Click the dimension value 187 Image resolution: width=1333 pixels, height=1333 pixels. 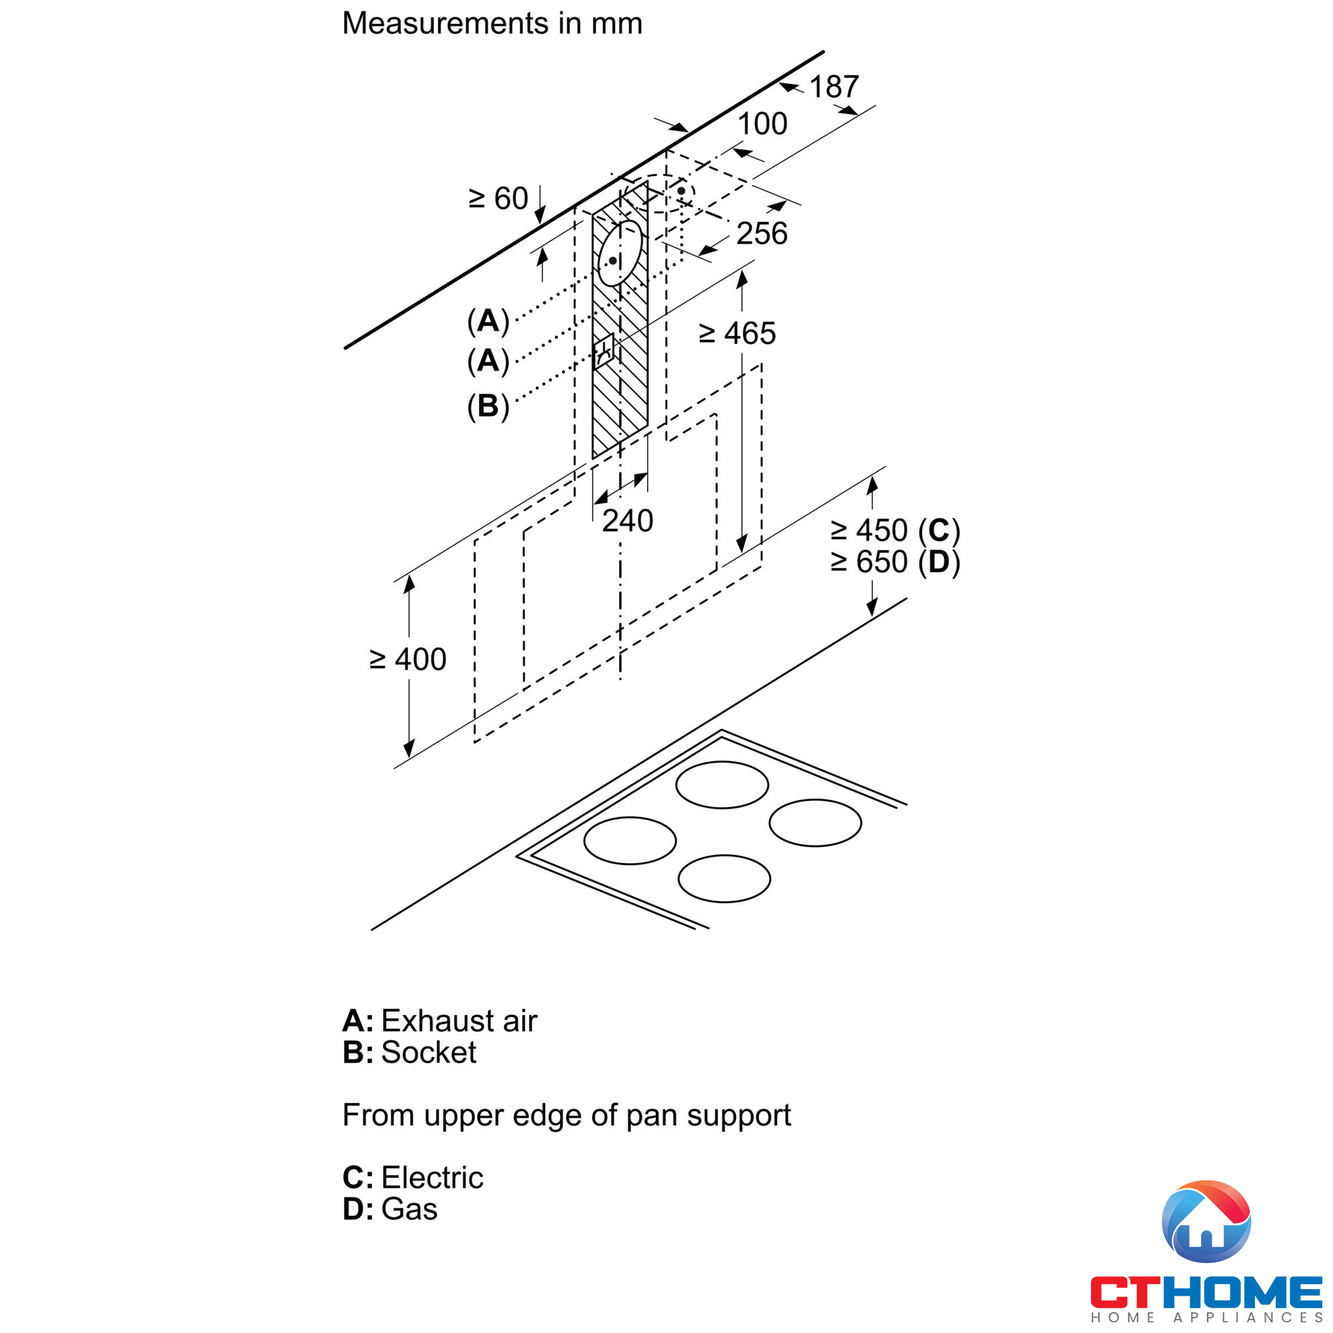[834, 87]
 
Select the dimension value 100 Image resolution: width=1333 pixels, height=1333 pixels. [762, 124]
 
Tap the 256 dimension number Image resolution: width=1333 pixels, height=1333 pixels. [761, 234]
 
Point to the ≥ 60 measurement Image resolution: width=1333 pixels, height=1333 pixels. [498, 199]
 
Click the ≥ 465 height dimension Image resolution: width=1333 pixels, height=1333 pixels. [737, 334]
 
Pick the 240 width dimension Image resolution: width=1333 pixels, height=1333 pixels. [627, 521]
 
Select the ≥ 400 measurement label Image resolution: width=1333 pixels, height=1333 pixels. [408, 660]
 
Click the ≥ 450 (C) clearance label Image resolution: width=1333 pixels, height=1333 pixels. [895, 531]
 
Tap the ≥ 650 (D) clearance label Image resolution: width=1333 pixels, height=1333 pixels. [895, 563]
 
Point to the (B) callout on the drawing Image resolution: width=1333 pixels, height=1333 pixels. [488, 407]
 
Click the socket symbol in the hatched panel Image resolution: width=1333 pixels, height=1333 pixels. [604, 351]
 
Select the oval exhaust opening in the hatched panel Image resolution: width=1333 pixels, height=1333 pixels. [619, 253]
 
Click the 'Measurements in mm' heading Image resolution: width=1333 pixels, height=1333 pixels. [492, 23]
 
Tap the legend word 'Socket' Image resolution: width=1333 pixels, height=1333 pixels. [429, 1053]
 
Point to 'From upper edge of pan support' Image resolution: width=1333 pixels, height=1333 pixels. [567, 1116]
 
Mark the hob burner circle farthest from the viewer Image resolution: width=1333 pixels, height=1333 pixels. [722, 785]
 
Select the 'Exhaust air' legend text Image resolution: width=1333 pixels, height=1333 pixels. [459, 1021]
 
